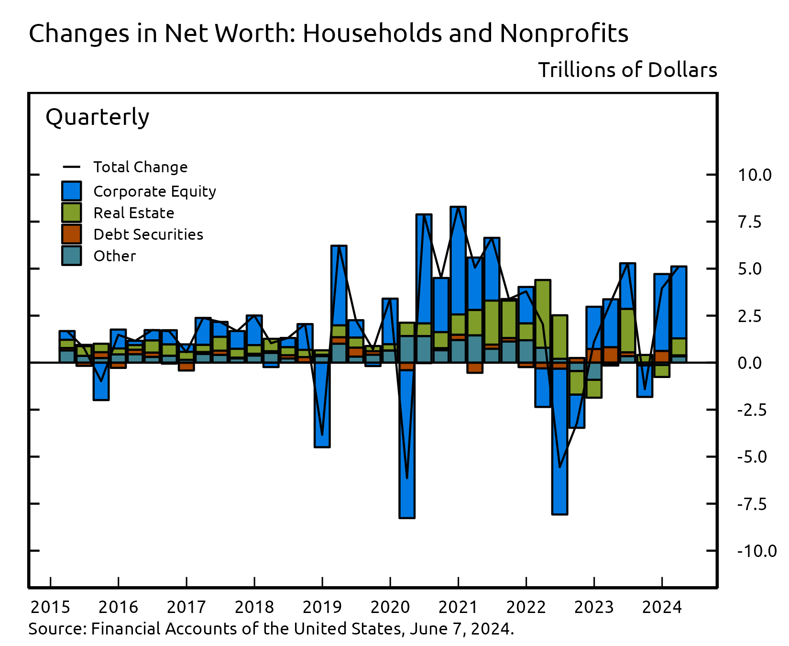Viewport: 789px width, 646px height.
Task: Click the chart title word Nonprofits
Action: click(564, 33)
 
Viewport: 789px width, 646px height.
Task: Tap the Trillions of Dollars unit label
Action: click(627, 70)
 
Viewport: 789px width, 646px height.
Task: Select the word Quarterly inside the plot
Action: click(97, 117)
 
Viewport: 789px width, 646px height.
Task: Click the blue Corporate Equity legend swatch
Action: click(71, 191)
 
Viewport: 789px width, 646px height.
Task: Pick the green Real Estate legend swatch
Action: click(71, 212)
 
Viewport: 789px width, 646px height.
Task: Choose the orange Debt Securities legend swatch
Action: click(71, 234)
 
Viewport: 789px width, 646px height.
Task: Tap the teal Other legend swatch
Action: click(71, 256)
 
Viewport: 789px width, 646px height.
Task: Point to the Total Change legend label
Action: click(140, 167)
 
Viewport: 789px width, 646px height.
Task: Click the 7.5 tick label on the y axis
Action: click(749, 222)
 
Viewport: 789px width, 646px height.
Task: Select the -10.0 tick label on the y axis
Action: click(756, 551)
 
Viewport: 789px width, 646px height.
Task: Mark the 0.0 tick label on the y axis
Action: click(749, 363)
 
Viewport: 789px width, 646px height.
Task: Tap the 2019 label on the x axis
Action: click(322, 607)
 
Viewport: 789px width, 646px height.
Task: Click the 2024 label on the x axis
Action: click(661, 607)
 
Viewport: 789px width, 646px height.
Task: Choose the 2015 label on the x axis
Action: click(50, 607)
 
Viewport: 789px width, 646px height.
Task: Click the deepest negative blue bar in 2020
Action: click(406, 445)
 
